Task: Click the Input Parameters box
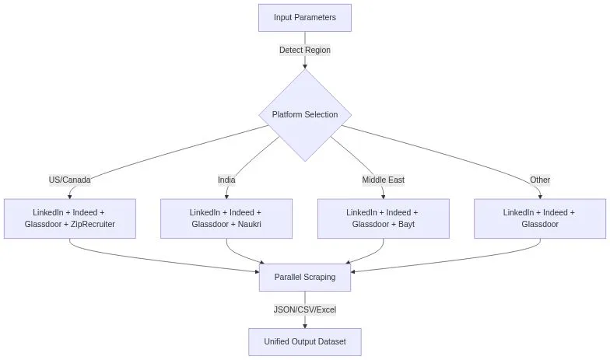(x=305, y=18)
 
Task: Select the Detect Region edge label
(x=305, y=50)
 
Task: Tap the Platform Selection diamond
(x=305, y=115)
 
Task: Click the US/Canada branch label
(x=70, y=180)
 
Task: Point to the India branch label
(x=226, y=180)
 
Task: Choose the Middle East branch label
(x=383, y=180)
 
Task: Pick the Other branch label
(x=540, y=180)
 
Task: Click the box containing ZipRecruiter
(x=70, y=218)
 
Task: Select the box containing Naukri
(x=226, y=218)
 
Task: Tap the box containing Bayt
(x=383, y=218)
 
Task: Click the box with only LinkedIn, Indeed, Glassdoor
(x=540, y=218)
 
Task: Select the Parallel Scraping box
(x=305, y=278)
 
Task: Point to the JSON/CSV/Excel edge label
(x=305, y=309)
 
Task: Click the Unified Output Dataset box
(x=305, y=341)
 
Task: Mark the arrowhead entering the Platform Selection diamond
(x=305, y=66)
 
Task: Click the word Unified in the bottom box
(x=279, y=341)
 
